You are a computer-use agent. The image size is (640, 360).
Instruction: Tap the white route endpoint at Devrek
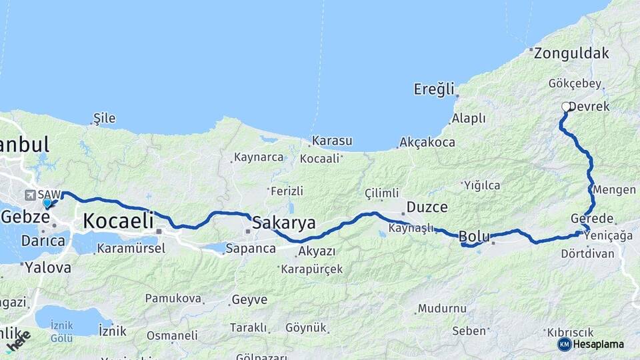(x=566, y=107)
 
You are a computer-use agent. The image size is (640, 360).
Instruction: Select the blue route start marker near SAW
(x=47, y=203)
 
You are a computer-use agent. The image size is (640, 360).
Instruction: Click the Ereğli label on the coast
(x=433, y=89)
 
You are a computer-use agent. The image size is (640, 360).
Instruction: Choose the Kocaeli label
(x=119, y=220)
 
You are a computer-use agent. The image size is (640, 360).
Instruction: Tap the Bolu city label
(x=474, y=236)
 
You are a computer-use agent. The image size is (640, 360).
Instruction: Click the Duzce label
(x=427, y=207)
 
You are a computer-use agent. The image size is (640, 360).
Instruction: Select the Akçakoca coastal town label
(x=427, y=143)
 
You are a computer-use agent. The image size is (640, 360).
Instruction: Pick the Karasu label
(x=332, y=141)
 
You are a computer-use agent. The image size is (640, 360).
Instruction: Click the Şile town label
(x=104, y=119)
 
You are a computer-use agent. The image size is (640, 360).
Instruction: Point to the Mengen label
(x=614, y=190)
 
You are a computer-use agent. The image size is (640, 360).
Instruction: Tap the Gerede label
(x=592, y=219)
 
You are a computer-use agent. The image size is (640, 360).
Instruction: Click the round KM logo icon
(x=564, y=344)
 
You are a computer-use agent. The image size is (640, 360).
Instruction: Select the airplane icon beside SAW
(x=30, y=195)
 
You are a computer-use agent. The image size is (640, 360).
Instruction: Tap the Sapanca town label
(x=251, y=249)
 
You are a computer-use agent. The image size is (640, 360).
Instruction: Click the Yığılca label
(x=482, y=185)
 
